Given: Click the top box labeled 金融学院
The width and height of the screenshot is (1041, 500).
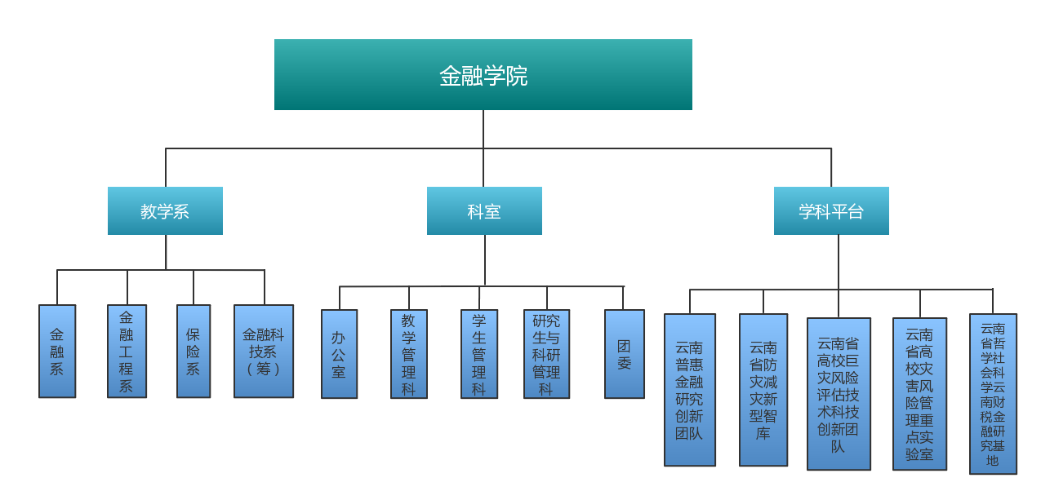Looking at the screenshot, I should tap(483, 75).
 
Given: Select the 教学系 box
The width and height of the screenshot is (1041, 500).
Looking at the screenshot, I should tap(165, 211).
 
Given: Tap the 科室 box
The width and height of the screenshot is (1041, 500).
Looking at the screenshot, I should tap(484, 211).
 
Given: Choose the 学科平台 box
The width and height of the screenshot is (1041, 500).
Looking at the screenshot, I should tap(831, 211).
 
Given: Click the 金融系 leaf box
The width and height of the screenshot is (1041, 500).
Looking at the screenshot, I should tap(57, 352).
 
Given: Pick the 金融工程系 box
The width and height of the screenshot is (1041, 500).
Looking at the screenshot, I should tap(127, 352).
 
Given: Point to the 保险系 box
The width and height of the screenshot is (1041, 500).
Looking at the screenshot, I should tap(194, 352).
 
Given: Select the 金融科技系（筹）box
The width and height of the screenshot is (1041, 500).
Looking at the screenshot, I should tap(264, 352).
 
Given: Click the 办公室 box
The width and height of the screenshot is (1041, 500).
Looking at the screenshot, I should tap(339, 354).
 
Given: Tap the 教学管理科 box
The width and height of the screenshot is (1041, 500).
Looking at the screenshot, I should tap(408, 354).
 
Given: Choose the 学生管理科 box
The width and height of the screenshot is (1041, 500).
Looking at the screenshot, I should tap(478, 354).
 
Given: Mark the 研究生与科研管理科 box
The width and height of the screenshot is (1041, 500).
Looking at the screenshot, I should tap(546, 354).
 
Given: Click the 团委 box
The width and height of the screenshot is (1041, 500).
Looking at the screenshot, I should tap(624, 354).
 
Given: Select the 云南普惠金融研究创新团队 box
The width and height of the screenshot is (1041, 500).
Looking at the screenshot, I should tap(689, 390).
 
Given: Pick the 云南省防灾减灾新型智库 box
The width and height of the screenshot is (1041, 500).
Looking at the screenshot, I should tap(763, 390).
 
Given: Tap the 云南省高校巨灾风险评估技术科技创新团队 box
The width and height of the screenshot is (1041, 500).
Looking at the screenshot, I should tap(839, 394).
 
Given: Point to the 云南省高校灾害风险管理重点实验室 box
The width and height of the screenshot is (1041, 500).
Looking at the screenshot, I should tap(919, 394).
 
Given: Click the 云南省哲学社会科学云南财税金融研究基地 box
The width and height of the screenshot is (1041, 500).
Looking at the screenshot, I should tap(993, 394).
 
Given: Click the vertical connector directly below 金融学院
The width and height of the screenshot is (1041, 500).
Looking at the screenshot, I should tap(483, 129).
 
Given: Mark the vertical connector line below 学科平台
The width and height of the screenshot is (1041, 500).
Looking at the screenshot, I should tap(839, 261).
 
